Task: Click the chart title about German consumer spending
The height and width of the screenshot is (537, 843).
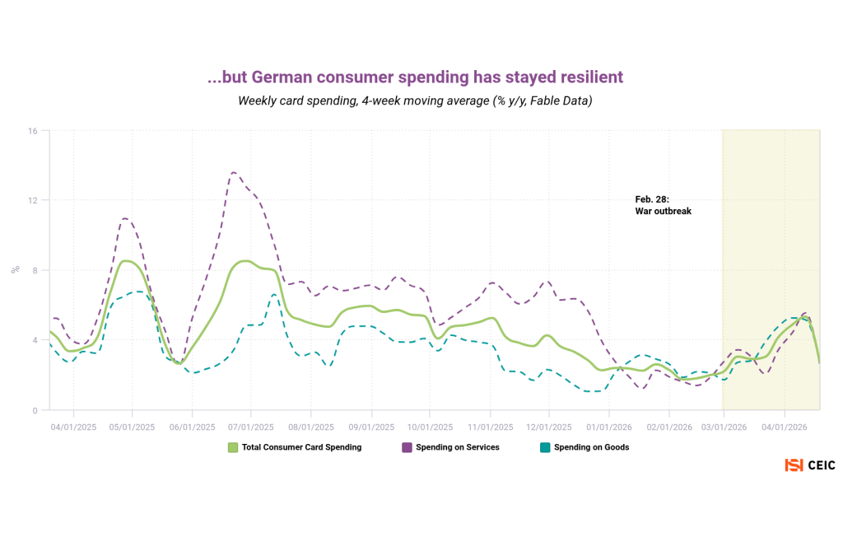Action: click(415, 77)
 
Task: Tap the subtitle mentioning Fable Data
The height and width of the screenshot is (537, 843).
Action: click(415, 101)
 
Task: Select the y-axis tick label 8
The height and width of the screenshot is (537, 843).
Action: click(35, 270)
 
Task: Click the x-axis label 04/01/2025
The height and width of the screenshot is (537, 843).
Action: click(73, 427)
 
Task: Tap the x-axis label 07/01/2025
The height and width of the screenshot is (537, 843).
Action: click(251, 427)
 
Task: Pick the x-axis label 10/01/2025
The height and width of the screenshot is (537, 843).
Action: click(430, 427)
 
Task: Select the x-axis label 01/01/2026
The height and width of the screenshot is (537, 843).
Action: click(608, 427)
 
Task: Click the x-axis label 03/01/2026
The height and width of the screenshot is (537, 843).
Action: click(724, 427)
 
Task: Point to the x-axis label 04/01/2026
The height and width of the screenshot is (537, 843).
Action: click(784, 427)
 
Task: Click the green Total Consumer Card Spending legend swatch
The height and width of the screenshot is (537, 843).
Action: click(233, 447)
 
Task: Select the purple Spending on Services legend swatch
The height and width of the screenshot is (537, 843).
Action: click(407, 447)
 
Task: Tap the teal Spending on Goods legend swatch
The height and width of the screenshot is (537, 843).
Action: click(544, 447)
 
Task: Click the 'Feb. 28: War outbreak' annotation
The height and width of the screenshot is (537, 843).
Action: click(663, 205)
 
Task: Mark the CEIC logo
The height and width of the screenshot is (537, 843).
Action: click(809, 465)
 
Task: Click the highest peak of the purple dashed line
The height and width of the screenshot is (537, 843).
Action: click(234, 173)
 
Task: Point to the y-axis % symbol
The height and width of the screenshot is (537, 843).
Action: click(14, 269)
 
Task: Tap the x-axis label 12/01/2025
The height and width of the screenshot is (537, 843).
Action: click(549, 427)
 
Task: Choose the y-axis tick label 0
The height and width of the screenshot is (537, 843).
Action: click(35, 410)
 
